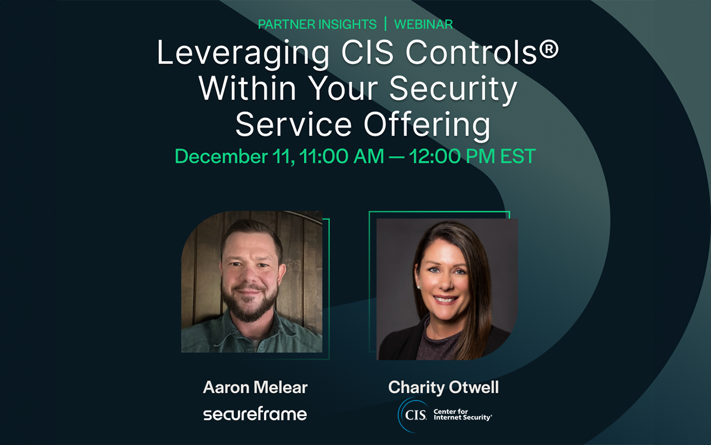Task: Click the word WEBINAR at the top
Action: coord(423,24)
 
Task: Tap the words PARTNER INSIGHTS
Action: coord(317,24)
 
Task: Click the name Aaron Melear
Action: coord(255,388)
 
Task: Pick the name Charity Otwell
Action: coord(443,388)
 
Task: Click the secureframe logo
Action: coord(255,414)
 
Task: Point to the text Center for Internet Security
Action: coord(462,415)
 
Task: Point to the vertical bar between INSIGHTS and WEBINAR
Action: coord(385,24)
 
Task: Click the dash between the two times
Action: coord(396,157)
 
